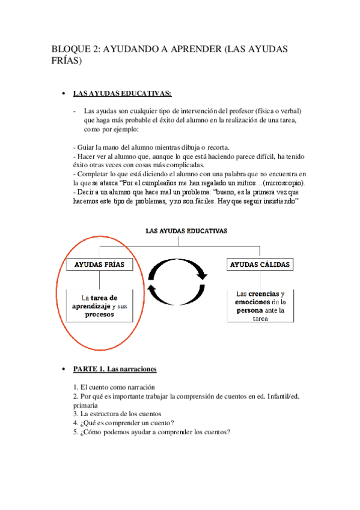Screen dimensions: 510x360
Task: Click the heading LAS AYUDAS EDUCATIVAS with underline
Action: click(x=122, y=93)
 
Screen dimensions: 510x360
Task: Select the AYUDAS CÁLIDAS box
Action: click(x=260, y=265)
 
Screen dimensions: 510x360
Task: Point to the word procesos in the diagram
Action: click(x=99, y=315)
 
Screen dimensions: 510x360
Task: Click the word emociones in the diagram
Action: click(x=251, y=302)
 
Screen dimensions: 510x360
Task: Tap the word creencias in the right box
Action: click(x=266, y=293)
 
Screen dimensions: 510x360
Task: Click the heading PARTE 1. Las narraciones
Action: click(x=115, y=368)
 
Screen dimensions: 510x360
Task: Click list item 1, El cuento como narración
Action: click(x=114, y=387)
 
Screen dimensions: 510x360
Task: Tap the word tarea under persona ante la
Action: click(x=260, y=319)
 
